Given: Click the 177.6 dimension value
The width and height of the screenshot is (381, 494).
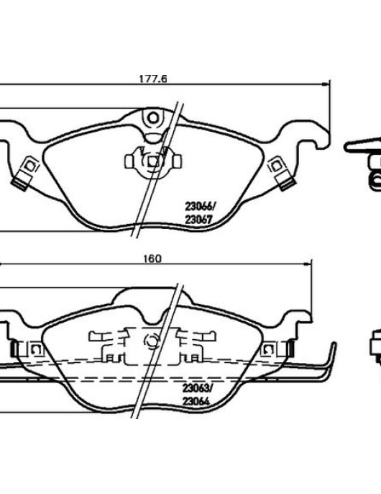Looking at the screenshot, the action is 153,78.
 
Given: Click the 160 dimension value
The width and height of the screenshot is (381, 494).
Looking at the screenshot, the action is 152,259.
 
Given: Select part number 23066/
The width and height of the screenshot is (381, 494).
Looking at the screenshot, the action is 201,207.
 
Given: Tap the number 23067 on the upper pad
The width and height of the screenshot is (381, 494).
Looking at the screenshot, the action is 199,220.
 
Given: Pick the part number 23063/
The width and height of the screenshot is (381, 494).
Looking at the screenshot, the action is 198,388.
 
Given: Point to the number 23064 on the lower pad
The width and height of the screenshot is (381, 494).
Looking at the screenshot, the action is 196,401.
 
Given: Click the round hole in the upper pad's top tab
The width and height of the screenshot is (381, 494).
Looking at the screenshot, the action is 153,118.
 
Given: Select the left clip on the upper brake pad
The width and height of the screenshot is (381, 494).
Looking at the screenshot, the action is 26,173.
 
